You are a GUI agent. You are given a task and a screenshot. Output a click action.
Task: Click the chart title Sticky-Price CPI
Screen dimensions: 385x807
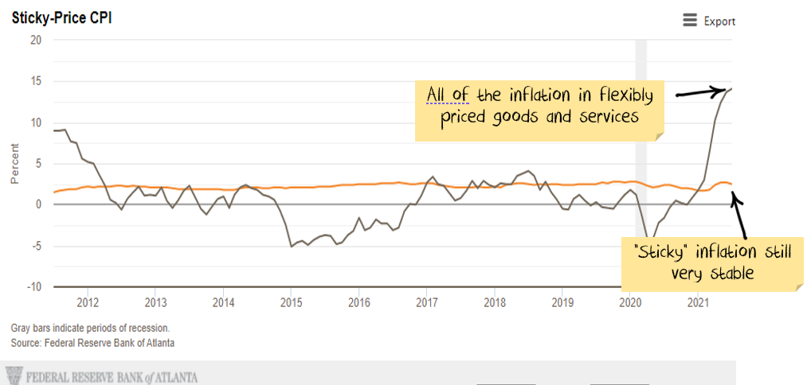point(61,17)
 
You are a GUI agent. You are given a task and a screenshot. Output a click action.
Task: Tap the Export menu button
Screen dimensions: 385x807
point(709,21)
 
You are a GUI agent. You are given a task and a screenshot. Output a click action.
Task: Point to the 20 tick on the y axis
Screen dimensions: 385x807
point(35,40)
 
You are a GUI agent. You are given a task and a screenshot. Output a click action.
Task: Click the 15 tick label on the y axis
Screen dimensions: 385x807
point(35,81)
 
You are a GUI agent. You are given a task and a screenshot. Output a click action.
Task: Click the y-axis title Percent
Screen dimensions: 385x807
point(14,163)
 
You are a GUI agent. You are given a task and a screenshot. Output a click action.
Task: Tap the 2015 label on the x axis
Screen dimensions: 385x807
point(291,302)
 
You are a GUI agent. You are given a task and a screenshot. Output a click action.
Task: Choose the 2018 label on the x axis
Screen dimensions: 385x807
point(495,302)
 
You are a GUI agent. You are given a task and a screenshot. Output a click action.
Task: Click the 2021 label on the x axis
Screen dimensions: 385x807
point(699,302)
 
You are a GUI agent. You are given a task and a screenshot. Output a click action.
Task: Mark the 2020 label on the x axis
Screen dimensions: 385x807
point(630,302)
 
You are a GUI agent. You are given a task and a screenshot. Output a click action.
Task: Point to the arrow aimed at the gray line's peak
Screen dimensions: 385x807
point(704,92)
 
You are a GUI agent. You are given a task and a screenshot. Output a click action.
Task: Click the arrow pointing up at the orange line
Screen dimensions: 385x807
point(740,214)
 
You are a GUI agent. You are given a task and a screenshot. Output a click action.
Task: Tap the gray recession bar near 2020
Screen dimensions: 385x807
point(641,119)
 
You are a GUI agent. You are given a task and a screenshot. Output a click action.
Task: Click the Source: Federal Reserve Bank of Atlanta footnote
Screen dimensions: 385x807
point(92,343)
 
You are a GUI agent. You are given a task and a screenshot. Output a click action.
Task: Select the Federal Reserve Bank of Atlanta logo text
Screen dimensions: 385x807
point(112,376)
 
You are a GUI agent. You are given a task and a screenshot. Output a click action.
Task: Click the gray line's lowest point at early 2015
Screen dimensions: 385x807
point(292,246)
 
